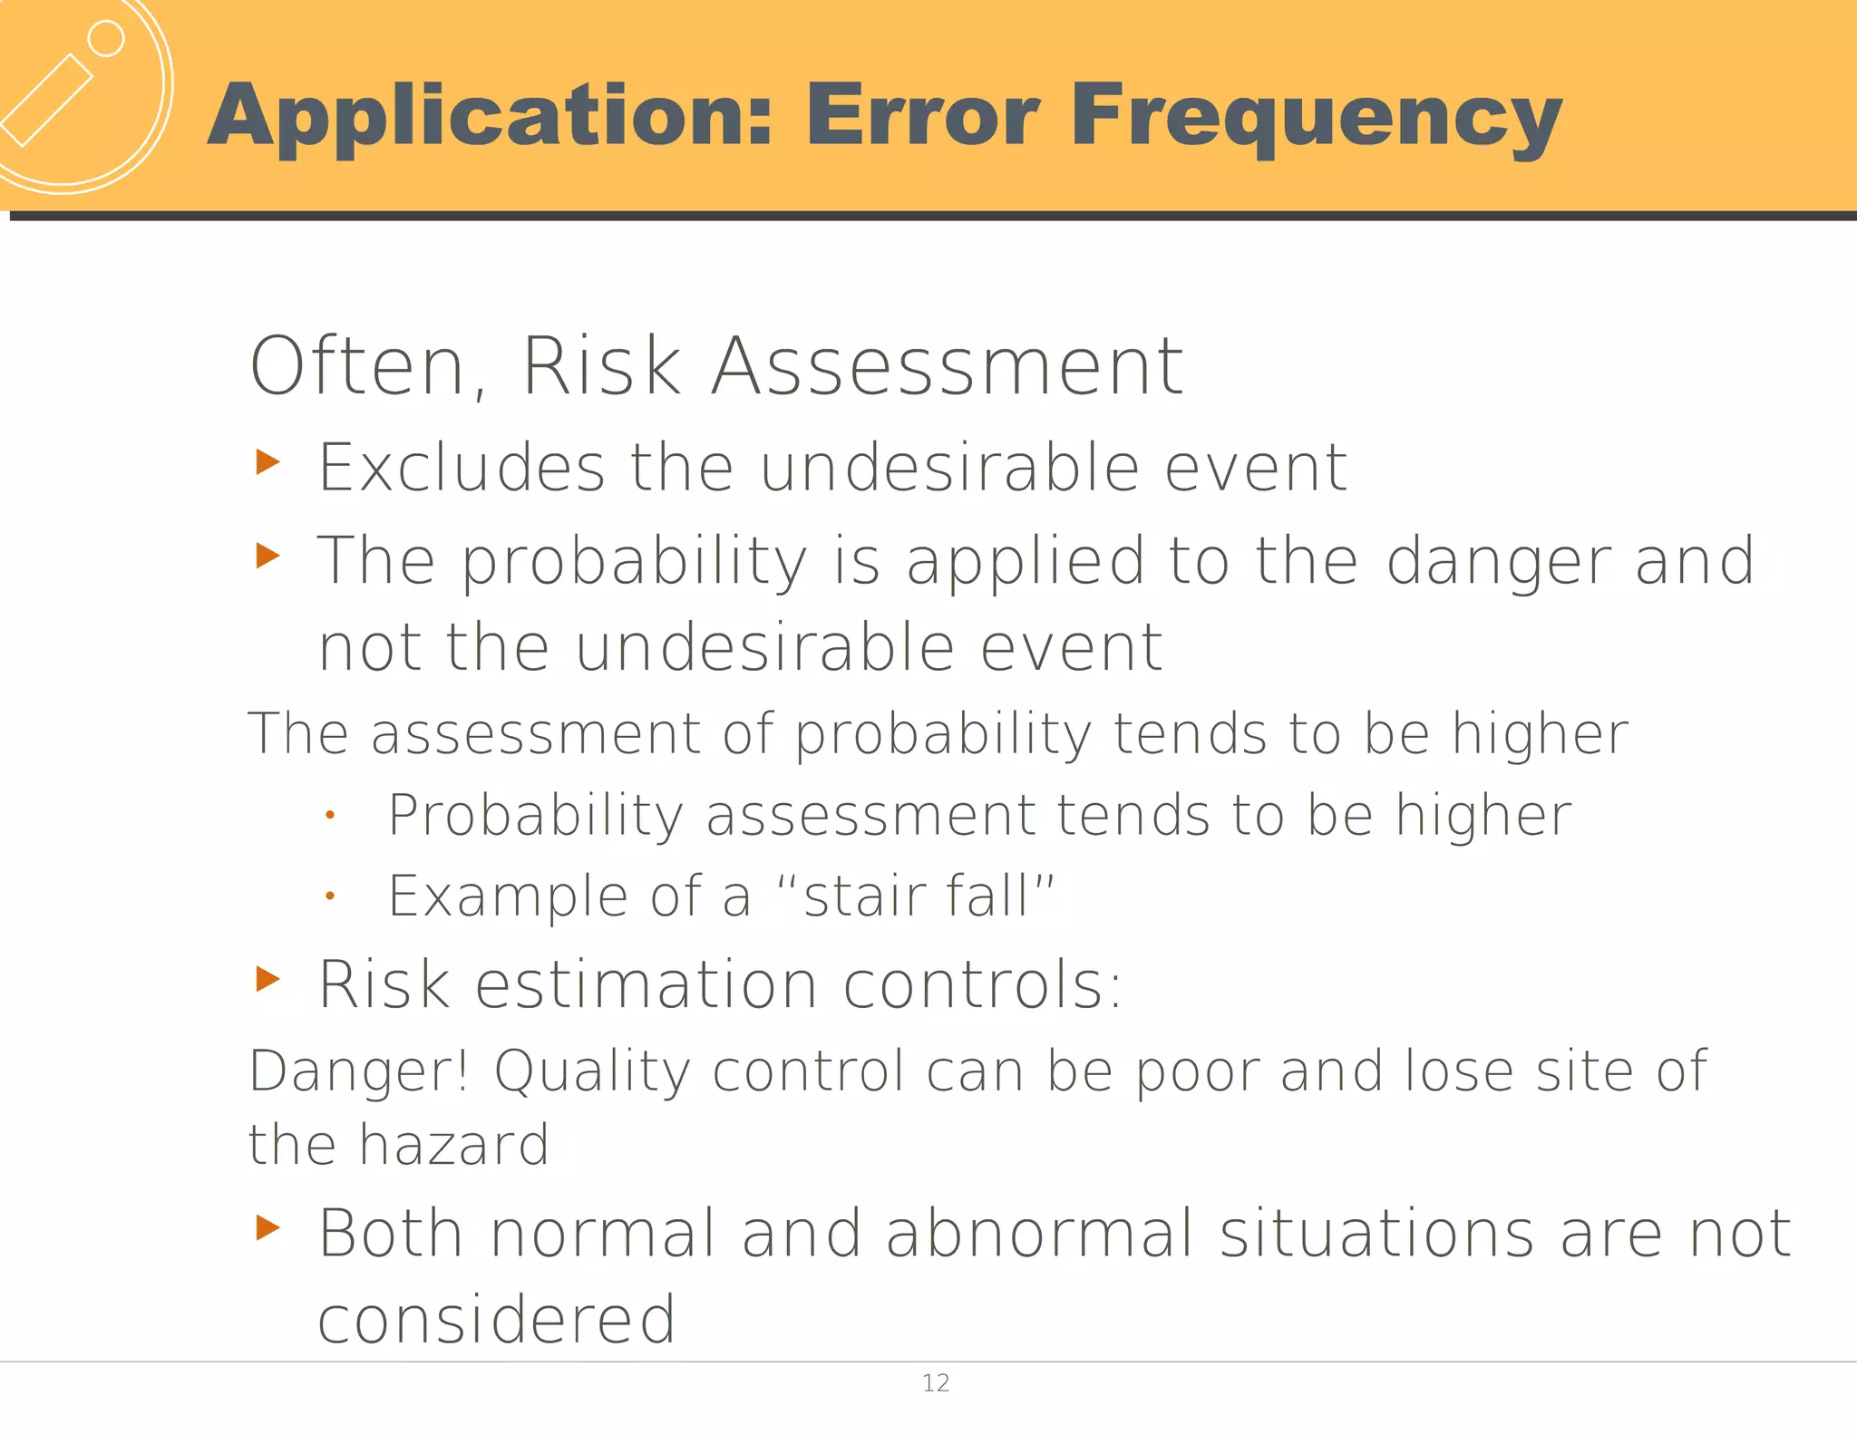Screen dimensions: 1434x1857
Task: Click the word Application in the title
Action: point(490,116)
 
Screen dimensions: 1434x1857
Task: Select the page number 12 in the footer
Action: point(935,1383)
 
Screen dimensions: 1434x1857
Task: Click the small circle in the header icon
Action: point(106,39)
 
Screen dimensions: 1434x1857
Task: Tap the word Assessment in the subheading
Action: point(947,367)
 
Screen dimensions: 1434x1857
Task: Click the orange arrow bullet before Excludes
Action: point(267,461)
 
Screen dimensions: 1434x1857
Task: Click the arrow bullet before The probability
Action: point(267,555)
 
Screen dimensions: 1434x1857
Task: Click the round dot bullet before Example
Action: point(331,896)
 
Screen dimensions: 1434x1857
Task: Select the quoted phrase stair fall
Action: point(916,896)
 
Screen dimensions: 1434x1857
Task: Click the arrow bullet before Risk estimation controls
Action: point(267,979)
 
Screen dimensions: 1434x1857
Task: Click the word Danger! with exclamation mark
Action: point(359,1071)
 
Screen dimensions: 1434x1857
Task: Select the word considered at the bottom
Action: point(496,1320)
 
